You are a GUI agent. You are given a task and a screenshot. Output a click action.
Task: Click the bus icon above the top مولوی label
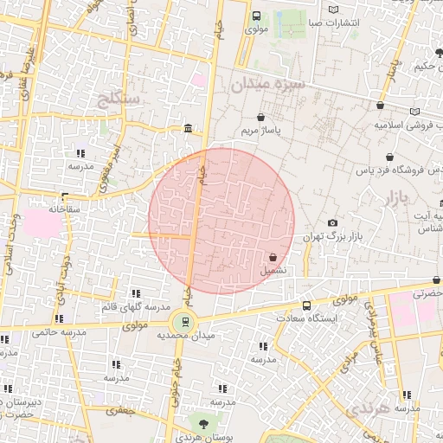click(256, 16)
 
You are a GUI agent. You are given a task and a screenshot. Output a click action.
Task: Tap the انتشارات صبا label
click(321, 22)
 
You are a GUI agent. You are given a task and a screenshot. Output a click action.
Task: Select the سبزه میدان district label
click(269, 84)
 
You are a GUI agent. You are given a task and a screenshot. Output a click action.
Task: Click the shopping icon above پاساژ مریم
click(261, 117)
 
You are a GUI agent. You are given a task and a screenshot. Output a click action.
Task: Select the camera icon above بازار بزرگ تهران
click(333, 222)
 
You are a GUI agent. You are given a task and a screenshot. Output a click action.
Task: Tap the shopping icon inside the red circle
click(273, 257)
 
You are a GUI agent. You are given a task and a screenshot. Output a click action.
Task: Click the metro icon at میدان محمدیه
click(186, 322)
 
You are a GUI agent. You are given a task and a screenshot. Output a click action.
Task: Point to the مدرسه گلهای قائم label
click(134, 308)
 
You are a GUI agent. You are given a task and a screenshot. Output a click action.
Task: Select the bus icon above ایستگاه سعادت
click(306, 305)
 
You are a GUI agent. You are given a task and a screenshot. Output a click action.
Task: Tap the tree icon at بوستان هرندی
click(203, 424)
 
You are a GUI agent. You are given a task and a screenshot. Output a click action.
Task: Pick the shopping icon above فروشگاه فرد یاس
click(390, 157)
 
